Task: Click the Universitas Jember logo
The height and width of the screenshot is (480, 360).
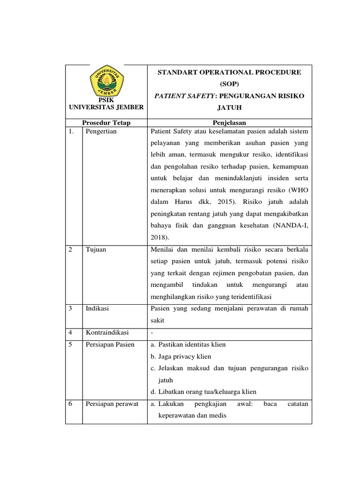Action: click(106, 80)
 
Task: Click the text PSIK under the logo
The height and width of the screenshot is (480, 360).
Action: click(106, 100)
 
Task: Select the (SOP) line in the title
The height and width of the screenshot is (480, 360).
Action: click(229, 84)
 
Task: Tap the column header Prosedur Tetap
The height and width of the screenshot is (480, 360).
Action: click(106, 123)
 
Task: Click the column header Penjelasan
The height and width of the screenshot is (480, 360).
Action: click(229, 123)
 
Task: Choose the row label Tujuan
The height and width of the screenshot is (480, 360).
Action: click(96, 249)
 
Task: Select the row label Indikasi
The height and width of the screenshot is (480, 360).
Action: click(97, 308)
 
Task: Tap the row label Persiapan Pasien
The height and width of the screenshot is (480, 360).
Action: click(110, 345)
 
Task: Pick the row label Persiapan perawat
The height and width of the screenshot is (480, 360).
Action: click(112, 404)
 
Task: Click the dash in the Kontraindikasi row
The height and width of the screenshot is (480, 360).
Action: click(152, 332)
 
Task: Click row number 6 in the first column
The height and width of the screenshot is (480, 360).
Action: click(70, 404)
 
